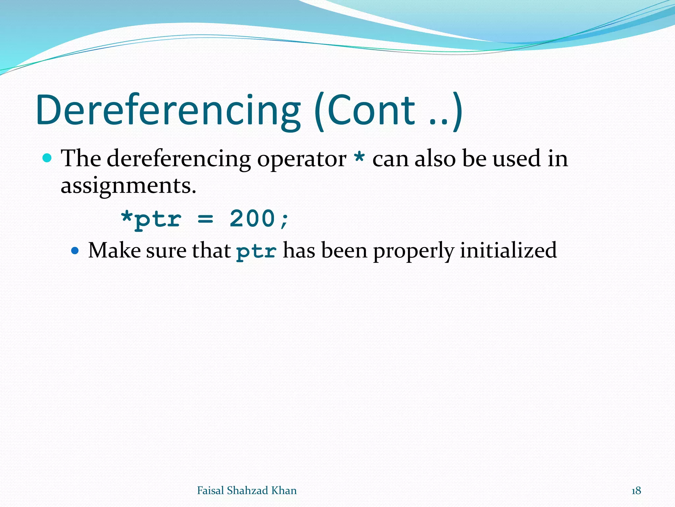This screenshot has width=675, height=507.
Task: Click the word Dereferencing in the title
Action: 168,111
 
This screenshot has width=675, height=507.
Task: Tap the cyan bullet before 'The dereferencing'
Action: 47,158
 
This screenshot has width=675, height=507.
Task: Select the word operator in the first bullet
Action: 302,159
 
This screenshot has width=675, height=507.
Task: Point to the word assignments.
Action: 128,186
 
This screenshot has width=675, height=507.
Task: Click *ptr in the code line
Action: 151,219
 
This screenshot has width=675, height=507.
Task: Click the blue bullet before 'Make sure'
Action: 75,251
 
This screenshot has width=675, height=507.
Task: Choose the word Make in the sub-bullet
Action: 114,250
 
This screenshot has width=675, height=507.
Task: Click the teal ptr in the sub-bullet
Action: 256,251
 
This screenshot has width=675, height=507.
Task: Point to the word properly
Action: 413,251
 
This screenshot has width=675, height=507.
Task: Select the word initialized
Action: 508,250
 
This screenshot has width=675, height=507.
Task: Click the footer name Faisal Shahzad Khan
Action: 247,490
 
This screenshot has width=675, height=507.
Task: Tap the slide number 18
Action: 636,491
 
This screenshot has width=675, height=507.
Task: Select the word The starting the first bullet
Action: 81,158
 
